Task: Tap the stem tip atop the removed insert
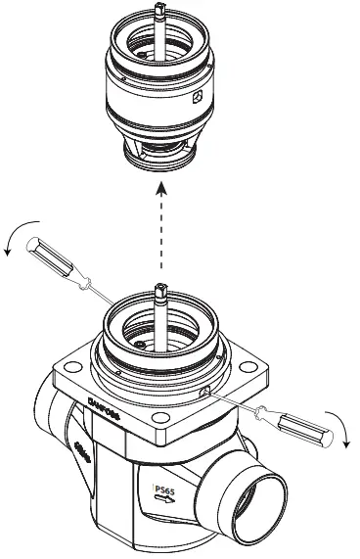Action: click(157, 9)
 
